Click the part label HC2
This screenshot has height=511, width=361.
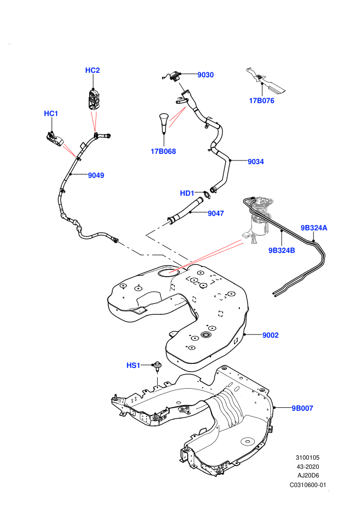click(x=92, y=70)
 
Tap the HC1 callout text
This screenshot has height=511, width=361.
click(x=51, y=114)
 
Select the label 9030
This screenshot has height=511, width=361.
click(x=205, y=75)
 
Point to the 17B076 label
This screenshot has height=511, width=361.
click(x=261, y=101)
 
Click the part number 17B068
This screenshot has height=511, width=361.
click(x=163, y=151)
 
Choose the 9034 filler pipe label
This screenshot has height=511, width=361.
click(x=255, y=162)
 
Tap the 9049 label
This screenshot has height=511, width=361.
click(x=96, y=175)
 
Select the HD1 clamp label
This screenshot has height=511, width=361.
click(x=187, y=193)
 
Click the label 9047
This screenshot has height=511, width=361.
click(x=216, y=214)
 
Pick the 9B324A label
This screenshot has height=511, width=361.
click(x=314, y=228)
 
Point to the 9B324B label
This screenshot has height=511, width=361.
click(x=282, y=250)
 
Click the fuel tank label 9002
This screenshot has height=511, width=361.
click(x=271, y=335)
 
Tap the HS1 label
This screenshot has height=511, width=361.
click(x=133, y=365)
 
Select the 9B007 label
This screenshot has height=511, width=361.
click(x=302, y=408)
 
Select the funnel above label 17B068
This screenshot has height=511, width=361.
click(x=163, y=123)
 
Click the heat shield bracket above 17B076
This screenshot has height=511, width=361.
click(x=265, y=80)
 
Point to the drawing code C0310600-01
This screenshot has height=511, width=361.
click(x=307, y=485)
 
